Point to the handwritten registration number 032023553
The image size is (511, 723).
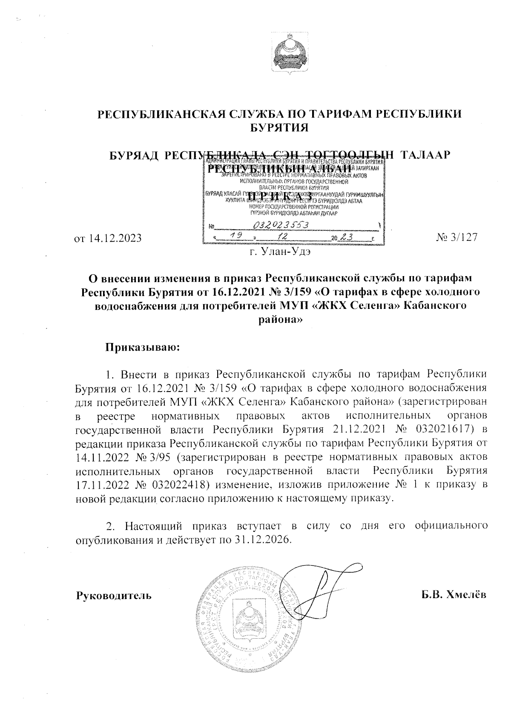[281, 225]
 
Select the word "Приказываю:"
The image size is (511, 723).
[144, 347]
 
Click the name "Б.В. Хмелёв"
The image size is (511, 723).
[454, 595]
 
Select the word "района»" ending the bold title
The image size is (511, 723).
[281, 320]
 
